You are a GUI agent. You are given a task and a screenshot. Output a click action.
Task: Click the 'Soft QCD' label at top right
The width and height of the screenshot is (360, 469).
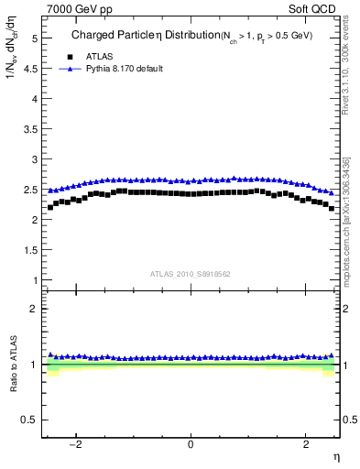(313, 8)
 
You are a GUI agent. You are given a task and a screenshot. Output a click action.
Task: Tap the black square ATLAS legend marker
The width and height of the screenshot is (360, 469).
(67, 57)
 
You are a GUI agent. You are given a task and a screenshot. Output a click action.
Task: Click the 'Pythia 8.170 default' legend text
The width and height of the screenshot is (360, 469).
(123, 69)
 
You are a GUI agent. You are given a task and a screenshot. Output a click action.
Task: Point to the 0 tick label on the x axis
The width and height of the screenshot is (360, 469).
(191, 444)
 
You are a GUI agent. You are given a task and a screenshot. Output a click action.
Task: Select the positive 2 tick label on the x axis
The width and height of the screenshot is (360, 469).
(306, 444)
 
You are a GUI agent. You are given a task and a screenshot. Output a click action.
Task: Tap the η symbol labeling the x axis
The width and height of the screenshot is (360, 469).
(335, 457)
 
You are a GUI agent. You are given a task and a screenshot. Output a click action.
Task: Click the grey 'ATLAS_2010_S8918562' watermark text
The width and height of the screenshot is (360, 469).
(191, 273)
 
